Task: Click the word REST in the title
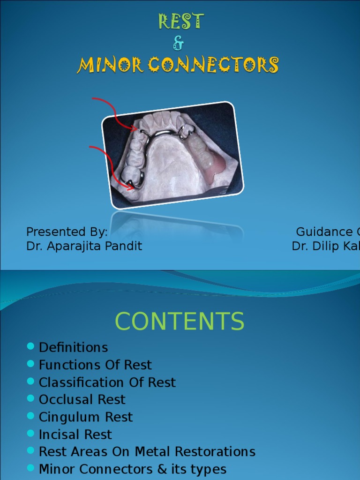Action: (x=180, y=21)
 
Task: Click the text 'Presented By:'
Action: (x=67, y=232)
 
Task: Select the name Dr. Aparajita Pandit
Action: (x=84, y=246)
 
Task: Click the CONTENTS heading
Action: (x=180, y=322)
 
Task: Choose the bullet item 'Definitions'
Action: (x=73, y=347)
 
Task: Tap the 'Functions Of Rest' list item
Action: (x=95, y=365)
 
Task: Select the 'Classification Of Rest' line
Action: (x=107, y=382)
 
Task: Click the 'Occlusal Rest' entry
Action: (x=82, y=399)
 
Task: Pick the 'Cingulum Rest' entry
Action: (x=86, y=417)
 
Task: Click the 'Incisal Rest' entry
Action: (x=75, y=434)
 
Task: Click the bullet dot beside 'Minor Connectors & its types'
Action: (x=31, y=468)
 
